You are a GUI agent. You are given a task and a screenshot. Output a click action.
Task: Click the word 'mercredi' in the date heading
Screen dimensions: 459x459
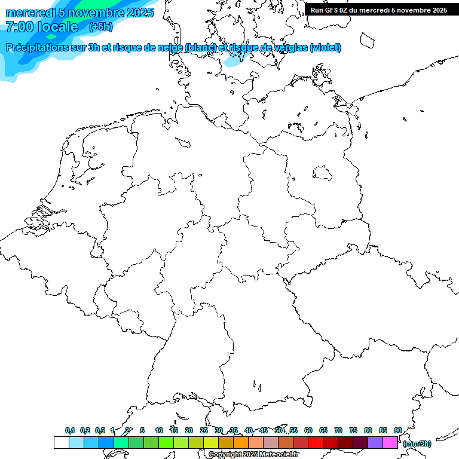click(x=30, y=13)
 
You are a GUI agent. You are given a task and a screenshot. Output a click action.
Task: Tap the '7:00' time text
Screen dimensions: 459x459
click(x=20, y=27)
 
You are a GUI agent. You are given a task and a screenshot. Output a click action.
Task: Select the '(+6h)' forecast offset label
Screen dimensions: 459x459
click(x=100, y=26)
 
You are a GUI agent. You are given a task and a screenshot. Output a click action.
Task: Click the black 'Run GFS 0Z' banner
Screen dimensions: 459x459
click(x=379, y=10)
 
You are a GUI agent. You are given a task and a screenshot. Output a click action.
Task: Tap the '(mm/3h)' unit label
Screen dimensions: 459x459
click(x=417, y=443)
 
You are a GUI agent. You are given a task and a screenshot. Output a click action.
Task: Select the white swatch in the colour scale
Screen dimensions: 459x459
click(x=61, y=442)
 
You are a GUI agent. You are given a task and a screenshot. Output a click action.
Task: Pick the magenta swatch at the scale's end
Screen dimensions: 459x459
click(x=390, y=442)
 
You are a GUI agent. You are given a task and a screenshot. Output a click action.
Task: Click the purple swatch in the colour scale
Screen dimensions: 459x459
click(x=375, y=442)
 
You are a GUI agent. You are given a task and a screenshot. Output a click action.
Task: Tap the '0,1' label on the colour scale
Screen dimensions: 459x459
click(x=70, y=430)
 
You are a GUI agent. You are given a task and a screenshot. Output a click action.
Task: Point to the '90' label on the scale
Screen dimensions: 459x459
click(x=398, y=430)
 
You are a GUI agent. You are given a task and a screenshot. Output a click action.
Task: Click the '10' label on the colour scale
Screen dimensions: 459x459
click(x=159, y=430)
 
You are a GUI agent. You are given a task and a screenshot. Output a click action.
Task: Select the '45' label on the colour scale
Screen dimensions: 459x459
click(x=264, y=430)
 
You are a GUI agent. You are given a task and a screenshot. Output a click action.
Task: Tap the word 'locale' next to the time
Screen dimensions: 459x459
click(x=57, y=27)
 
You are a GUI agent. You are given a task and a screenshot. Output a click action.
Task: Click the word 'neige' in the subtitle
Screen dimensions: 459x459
click(x=170, y=48)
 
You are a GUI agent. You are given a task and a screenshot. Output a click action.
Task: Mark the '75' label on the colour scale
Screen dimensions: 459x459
click(x=353, y=430)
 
